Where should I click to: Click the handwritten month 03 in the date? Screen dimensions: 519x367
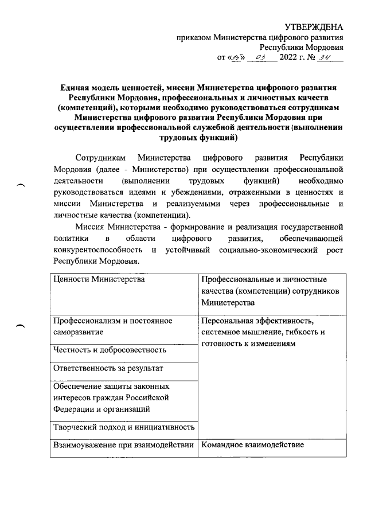tap(259, 57)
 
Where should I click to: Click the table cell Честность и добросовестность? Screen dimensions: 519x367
tap(110, 349)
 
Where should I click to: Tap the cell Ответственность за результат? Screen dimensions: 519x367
tap(108, 368)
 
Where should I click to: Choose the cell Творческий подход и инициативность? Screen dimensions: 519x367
tap(123, 427)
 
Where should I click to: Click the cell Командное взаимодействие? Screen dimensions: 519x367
tap(253, 445)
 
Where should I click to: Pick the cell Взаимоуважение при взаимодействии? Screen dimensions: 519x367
tap(123, 445)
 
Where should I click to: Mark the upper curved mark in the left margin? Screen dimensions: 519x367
tap(22, 186)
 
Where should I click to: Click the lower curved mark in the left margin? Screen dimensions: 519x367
tap(22, 326)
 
